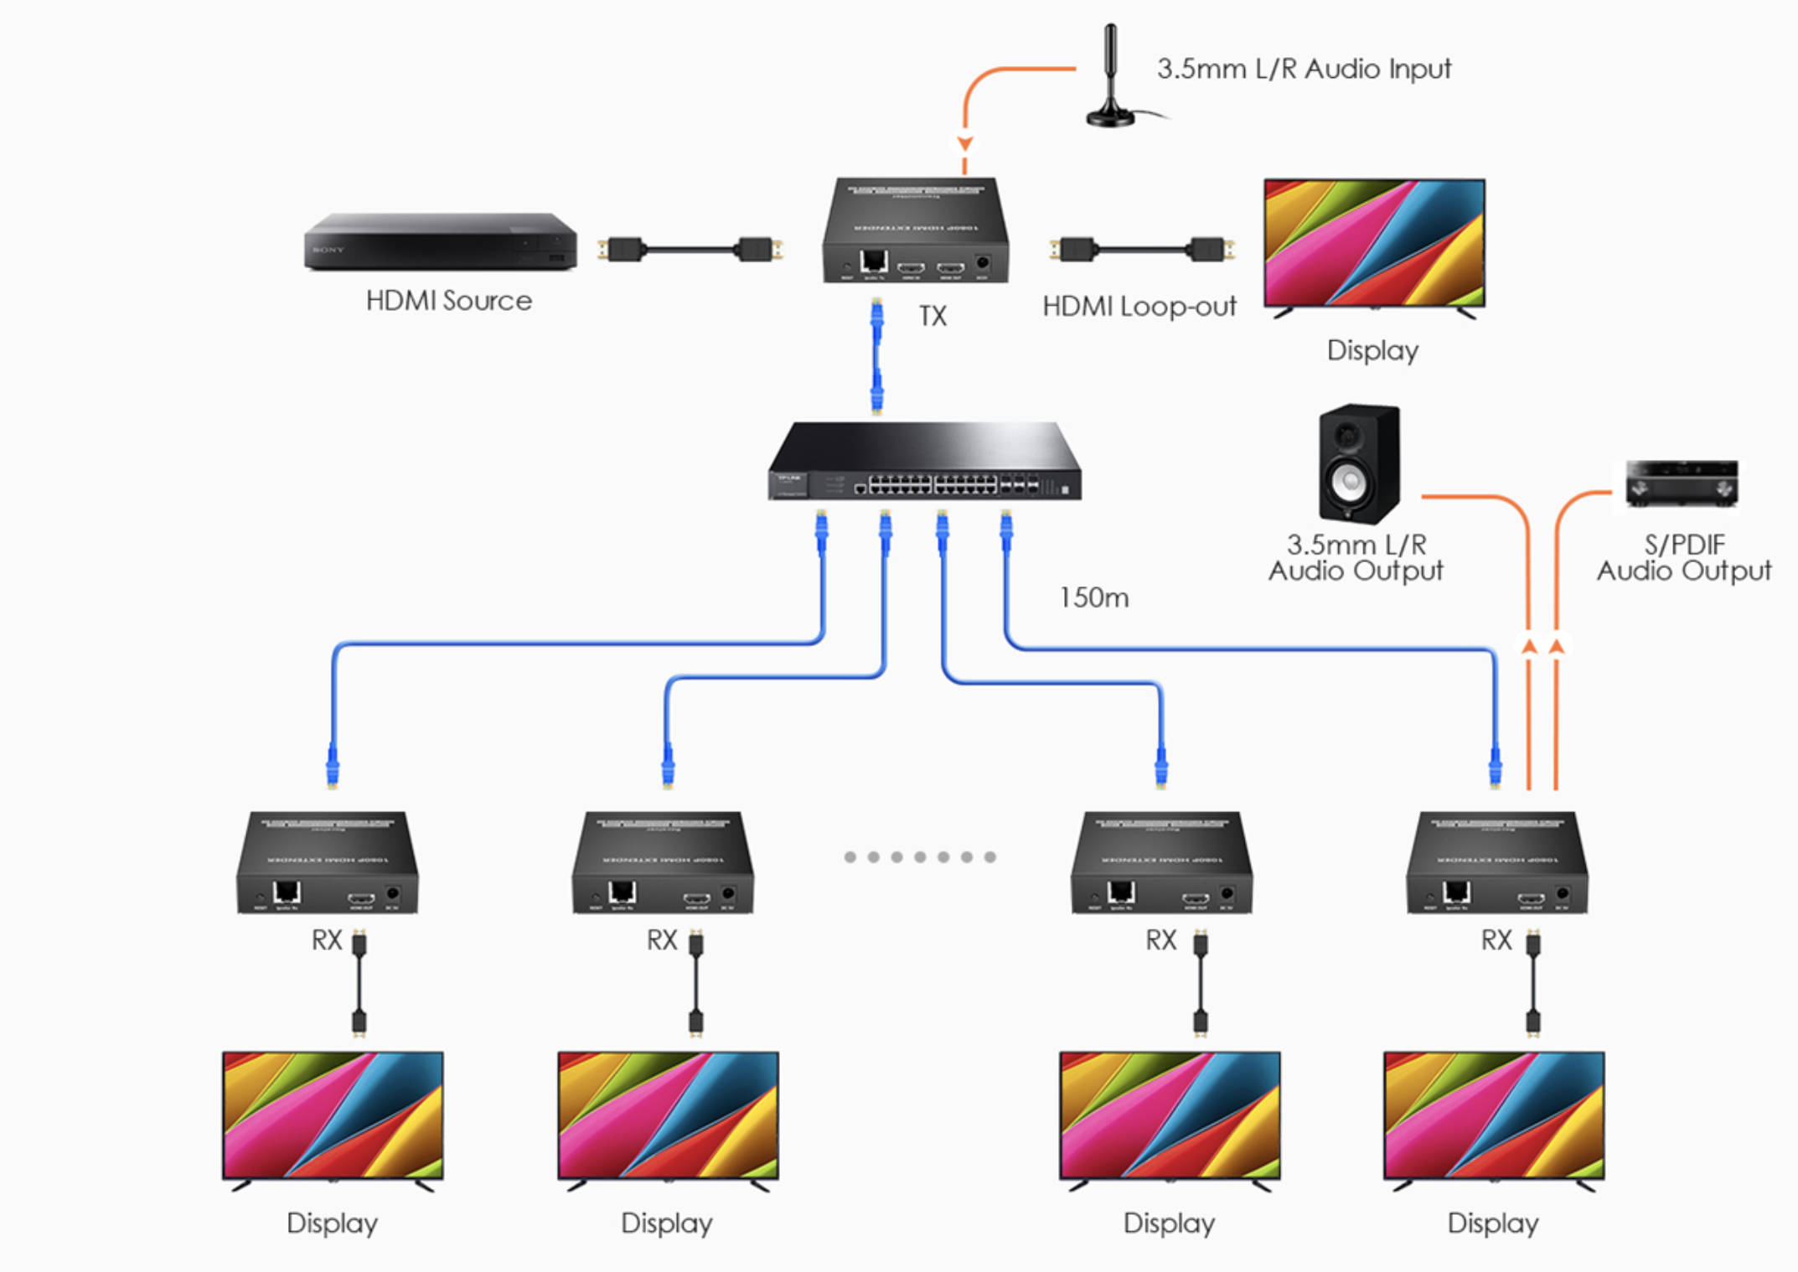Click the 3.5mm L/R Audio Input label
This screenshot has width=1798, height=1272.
pyautogui.click(x=1303, y=69)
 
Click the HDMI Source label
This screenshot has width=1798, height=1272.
pyautogui.click(x=448, y=301)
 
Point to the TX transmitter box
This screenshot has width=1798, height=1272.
pyautogui.click(x=915, y=230)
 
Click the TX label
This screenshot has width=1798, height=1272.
pyautogui.click(x=933, y=316)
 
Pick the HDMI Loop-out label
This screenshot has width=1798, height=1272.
pyautogui.click(x=1139, y=307)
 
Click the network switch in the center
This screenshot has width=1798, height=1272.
pyautogui.click(x=924, y=462)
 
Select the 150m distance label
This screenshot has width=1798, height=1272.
pyautogui.click(x=1093, y=597)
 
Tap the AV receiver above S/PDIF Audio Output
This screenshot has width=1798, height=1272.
pyautogui.click(x=1682, y=483)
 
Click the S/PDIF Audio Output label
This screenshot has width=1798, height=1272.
pyautogui.click(x=1683, y=558)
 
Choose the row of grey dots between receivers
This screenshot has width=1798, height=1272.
pyautogui.click(x=919, y=857)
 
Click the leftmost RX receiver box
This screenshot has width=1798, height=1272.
pyautogui.click(x=327, y=863)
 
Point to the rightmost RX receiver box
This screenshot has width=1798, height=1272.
pyautogui.click(x=1496, y=863)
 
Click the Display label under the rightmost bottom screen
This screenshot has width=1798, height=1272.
pyautogui.click(x=1493, y=1223)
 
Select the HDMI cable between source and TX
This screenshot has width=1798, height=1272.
pyautogui.click(x=690, y=249)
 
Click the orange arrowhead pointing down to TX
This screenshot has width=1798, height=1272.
pyautogui.click(x=965, y=143)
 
